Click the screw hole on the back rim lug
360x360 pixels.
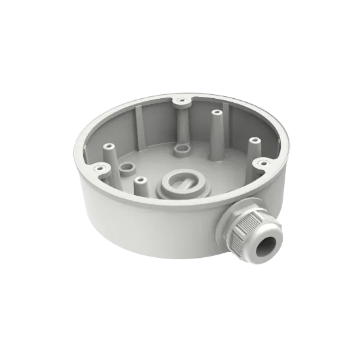click(180, 99)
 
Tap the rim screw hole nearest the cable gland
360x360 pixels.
click(262, 162)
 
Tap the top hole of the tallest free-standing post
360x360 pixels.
click(215, 113)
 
